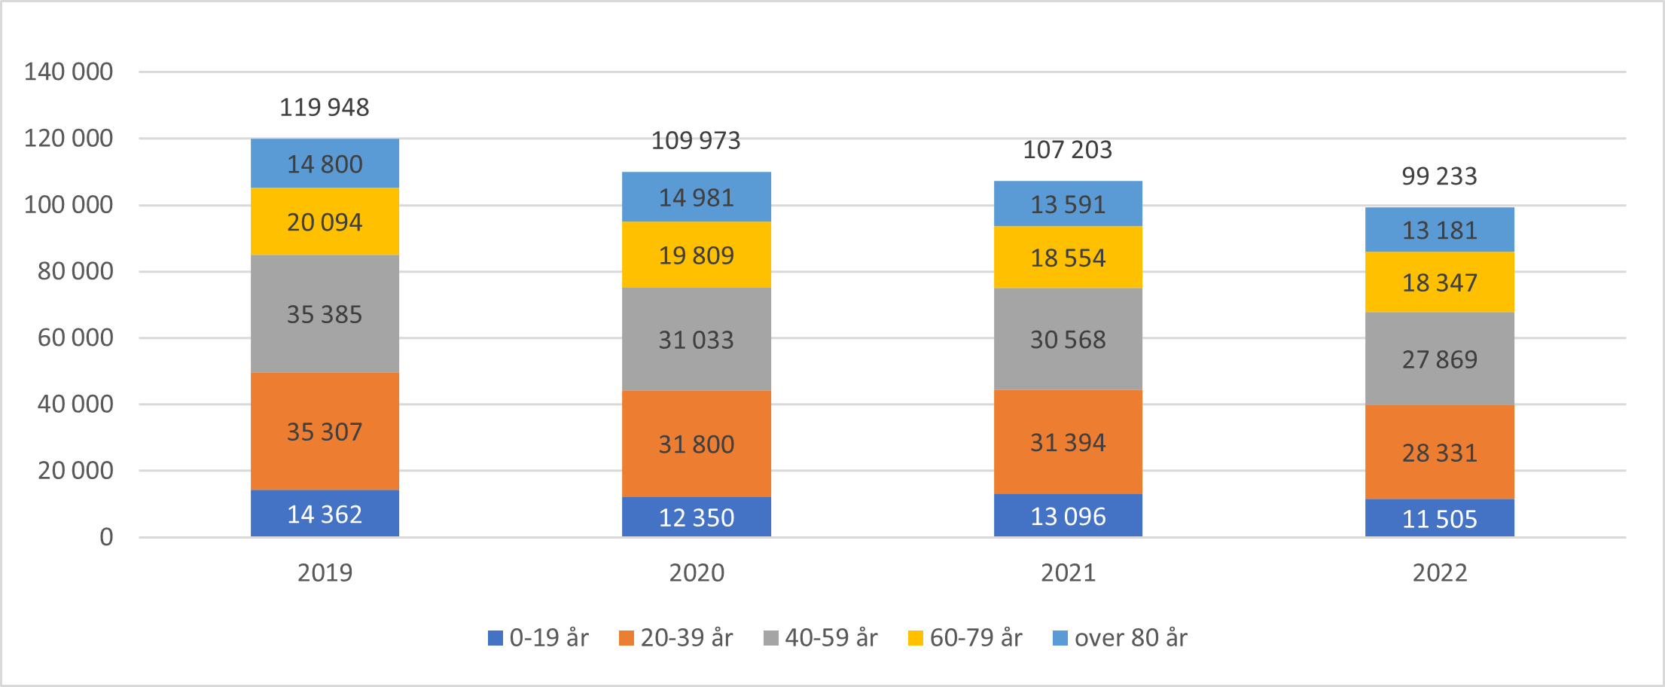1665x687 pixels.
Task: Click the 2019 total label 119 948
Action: pyautogui.click(x=324, y=108)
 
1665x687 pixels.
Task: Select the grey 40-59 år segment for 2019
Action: pyautogui.click(x=324, y=314)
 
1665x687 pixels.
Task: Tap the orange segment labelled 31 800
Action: pyautogui.click(x=696, y=444)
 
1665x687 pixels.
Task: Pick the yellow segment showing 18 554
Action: pyautogui.click(x=1067, y=258)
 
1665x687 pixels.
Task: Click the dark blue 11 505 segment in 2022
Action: pyautogui.click(x=1439, y=519)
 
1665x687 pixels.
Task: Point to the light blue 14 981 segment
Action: pyautogui.click(x=696, y=197)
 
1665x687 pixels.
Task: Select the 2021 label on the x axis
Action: pyautogui.click(x=1067, y=573)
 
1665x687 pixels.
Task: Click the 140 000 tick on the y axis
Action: pyautogui.click(x=69, y=72)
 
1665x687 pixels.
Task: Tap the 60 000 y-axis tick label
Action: pyautogui.click(x=75, y=337)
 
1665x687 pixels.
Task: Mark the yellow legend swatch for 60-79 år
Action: pyautogui.click(x=916, y=639)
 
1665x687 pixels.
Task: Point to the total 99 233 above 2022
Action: pyautogui.click(x=1439, y=176)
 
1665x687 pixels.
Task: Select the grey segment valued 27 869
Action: pyautogui.click(x=1439, y=359)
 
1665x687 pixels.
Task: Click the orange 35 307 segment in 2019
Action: pyautogui.click(x=324, y=432)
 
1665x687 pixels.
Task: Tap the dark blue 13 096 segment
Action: pyautogui.click(x=1067, y=516)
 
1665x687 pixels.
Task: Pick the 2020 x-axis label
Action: pyautogui.click(x=696, y=573)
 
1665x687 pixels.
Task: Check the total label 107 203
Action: pyautogui.click(x=1067, y=150)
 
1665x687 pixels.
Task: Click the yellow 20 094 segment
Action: pyautogui.click(x=324, y=222)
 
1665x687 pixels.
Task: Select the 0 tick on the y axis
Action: pyautogui.click(x=106, y=537)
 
